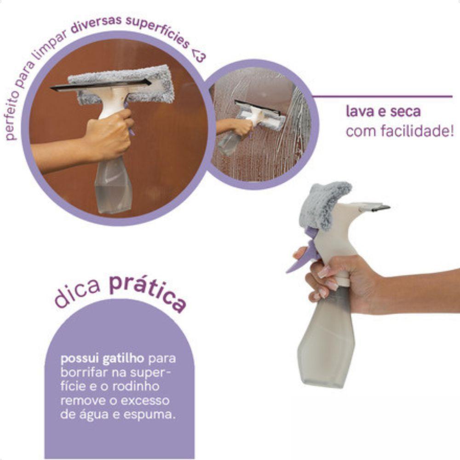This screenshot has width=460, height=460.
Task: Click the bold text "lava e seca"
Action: (383, 112)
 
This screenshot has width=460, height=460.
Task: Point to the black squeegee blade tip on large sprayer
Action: (381, 208)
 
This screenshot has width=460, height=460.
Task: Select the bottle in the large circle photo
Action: (113, 184)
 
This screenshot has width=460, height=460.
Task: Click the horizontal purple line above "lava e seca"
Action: (382, 97)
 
